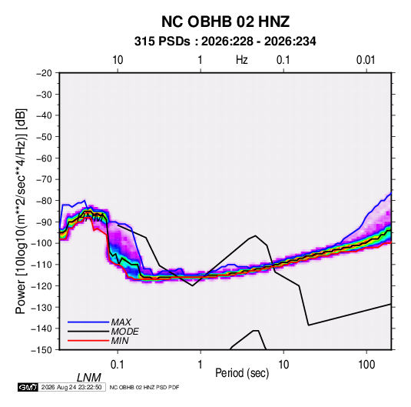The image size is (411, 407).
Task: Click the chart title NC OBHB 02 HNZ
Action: coord(225,22)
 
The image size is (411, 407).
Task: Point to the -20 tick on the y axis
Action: coord(44,73)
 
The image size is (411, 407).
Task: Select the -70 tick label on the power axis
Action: coord(44,179)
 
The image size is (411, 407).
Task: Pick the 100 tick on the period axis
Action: coord(366,365)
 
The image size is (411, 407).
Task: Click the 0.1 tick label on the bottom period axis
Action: coord(118,365)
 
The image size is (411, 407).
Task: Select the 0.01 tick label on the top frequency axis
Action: coord(366,60)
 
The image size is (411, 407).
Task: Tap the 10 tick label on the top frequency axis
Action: coord(118,60)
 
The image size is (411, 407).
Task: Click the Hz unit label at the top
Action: coord(242,60)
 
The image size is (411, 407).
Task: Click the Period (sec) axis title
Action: coord(242,373)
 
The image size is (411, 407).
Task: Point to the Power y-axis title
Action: coord(21,211)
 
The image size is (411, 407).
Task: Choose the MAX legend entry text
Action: coord(121,322)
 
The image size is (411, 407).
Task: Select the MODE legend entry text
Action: coord(124,332)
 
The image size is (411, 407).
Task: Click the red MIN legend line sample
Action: coord(88,341)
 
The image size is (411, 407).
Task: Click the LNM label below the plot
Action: coord(88,378)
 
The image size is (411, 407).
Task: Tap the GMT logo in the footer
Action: coord(28,387)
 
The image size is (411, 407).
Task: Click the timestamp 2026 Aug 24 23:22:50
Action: coord(71,387)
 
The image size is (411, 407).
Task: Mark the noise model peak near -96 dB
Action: coord(255,235)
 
